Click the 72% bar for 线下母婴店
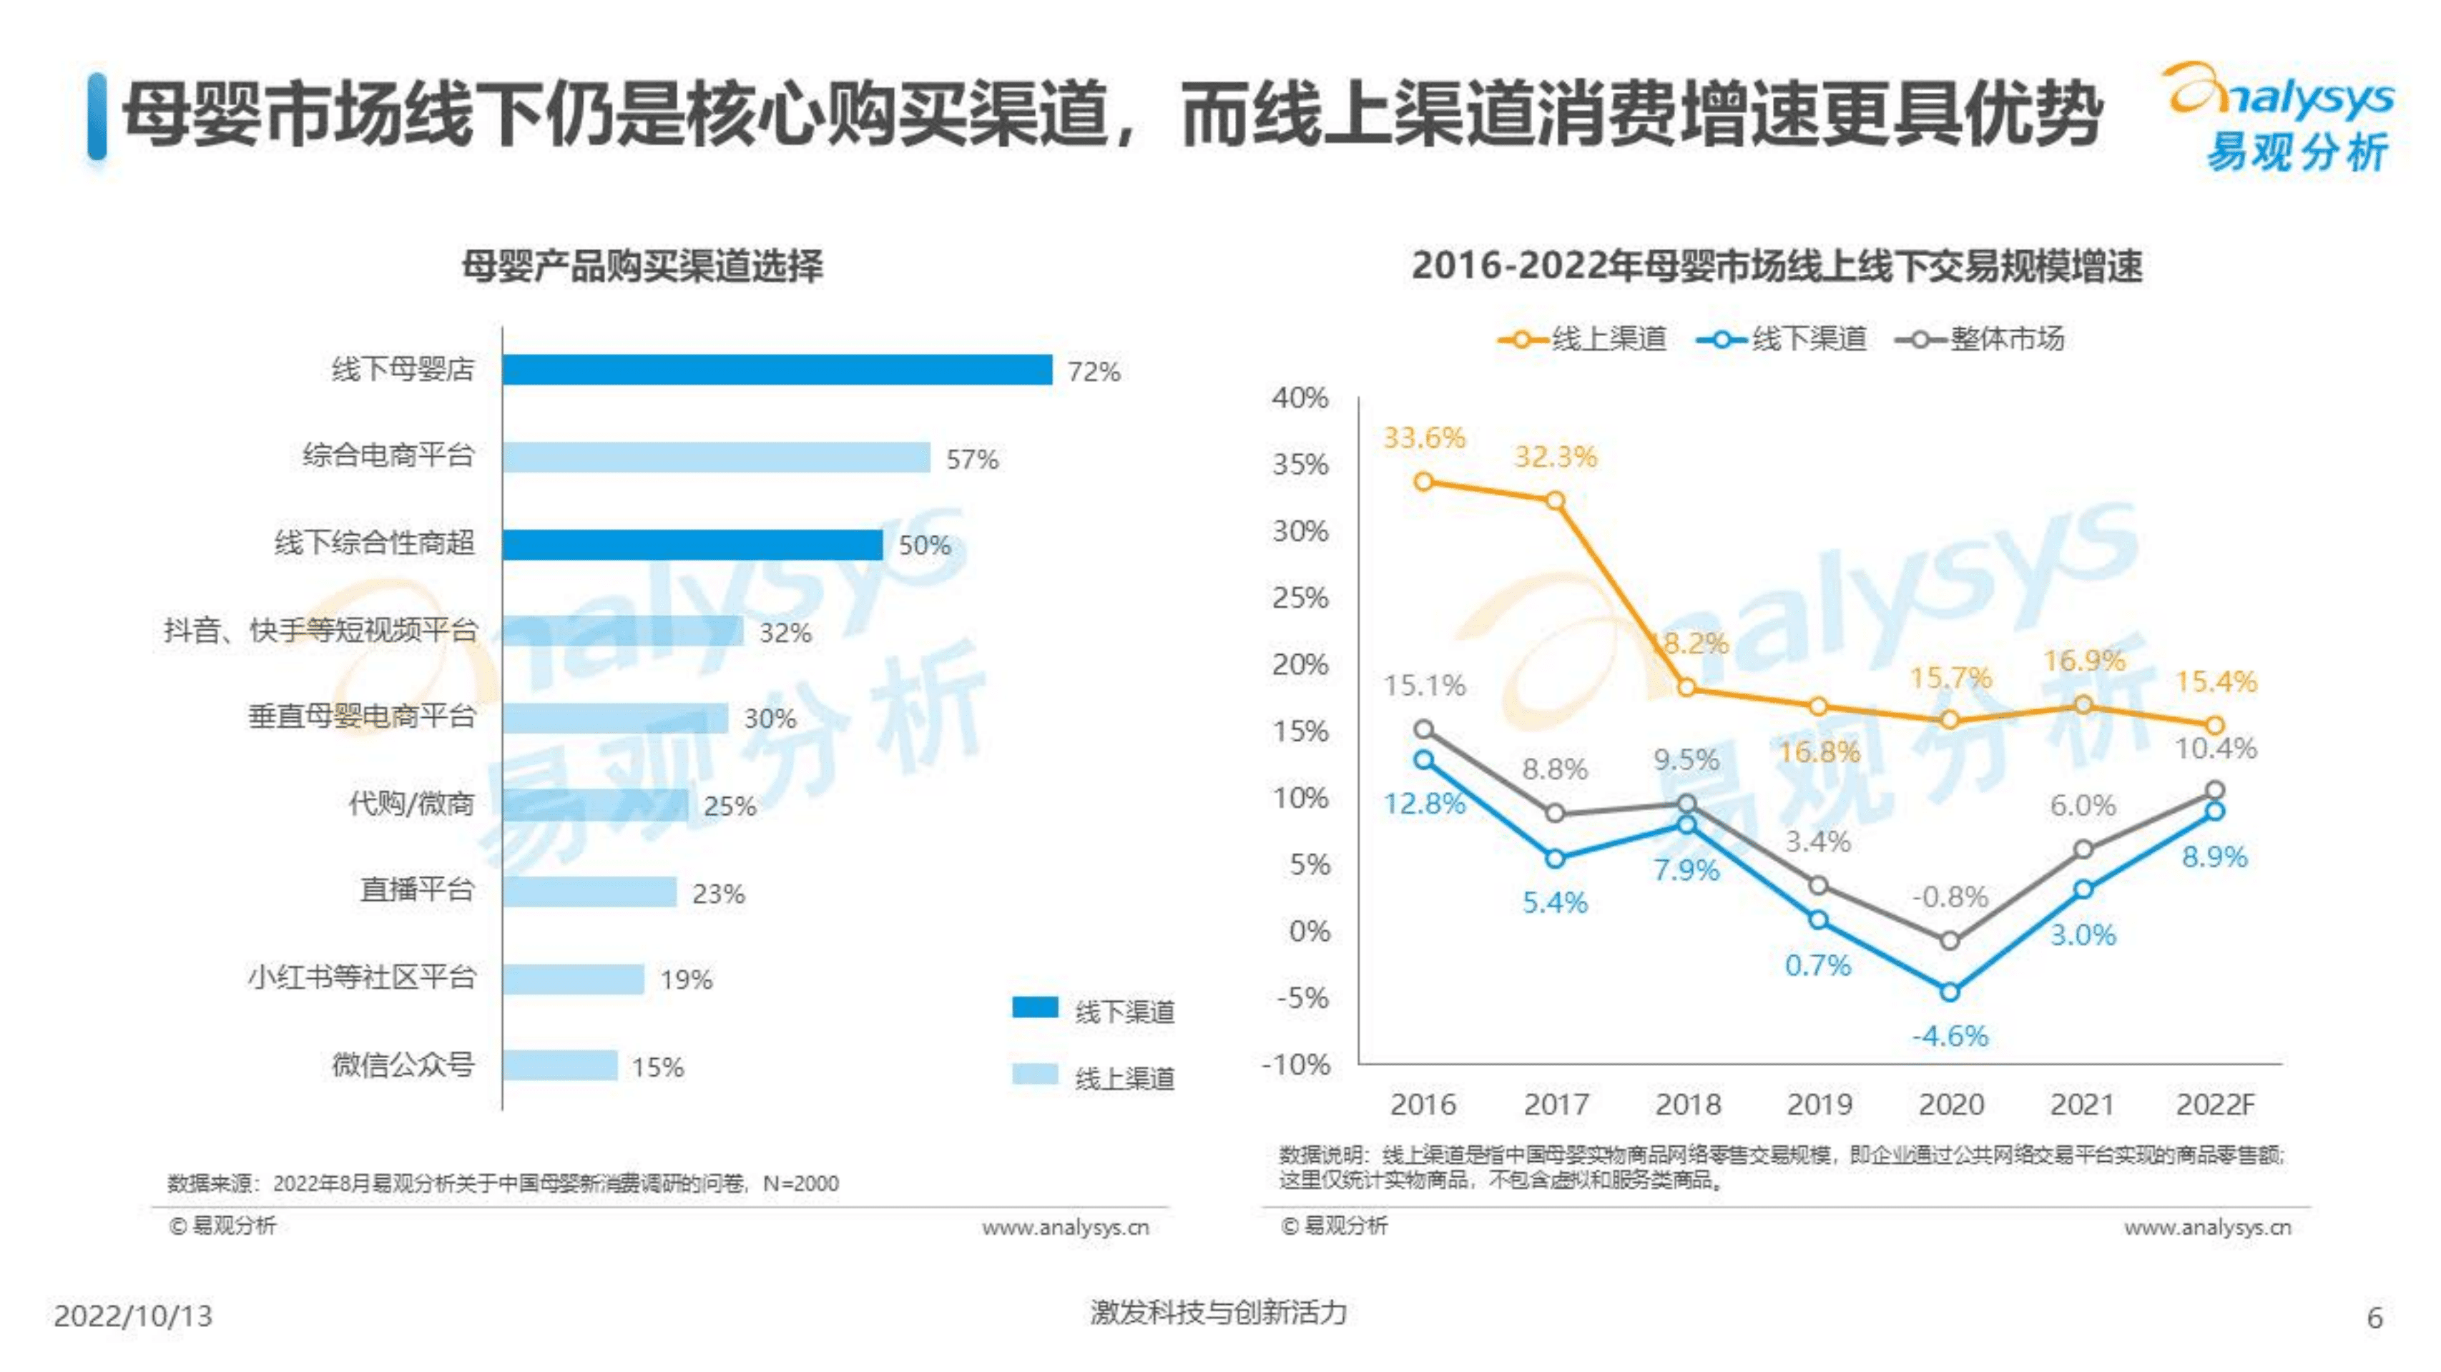(x=777, y=370)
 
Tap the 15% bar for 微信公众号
(x=559, y=1065)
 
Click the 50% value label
(x=924, y=546)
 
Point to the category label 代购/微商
(x=411, y=804)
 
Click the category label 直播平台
(x=416, y=889)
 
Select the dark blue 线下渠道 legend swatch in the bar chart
(x=1035, y=1007)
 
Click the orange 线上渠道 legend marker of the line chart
(x=1522, y=339)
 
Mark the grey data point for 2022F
(x=2214, y=790)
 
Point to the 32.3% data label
(x=1555, y=457)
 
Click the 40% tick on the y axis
(x=1300, y=398)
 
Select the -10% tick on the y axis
(x=1296, y=1065)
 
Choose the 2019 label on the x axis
(x=1819, y=1105)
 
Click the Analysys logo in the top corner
(x=2281, y=116)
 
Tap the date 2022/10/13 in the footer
(x=132, y=1316)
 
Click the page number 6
(x=2374, y=1318)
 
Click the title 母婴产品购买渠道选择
(x=642, y=266)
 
